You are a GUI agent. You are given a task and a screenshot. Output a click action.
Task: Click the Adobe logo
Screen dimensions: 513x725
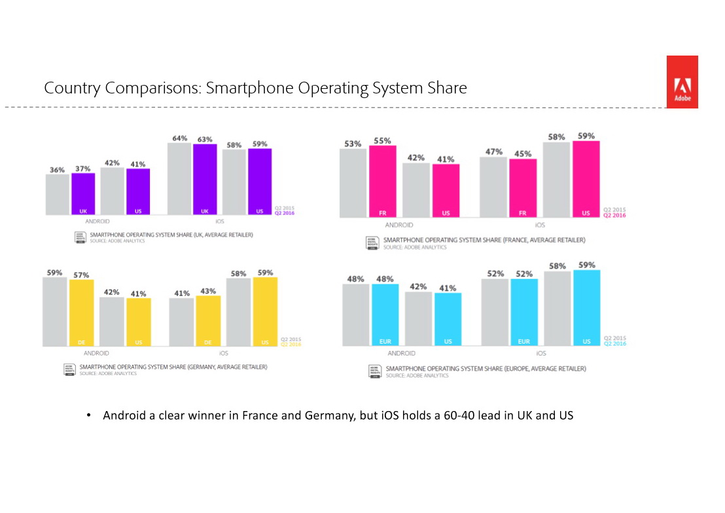(682, 82)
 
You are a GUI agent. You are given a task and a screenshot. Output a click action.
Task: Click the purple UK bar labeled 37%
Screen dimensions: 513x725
(83, 193)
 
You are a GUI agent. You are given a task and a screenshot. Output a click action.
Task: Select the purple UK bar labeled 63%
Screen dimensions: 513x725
(205, 179)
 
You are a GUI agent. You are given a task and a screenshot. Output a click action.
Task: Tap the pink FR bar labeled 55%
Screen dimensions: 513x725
(382, 181)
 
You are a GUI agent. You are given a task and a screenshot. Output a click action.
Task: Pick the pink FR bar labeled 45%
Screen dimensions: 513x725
(523, 188)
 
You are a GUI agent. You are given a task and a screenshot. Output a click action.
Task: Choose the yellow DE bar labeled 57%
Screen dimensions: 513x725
(81, 313)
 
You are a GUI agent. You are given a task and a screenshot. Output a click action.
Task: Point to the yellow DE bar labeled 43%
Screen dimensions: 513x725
(208, 321)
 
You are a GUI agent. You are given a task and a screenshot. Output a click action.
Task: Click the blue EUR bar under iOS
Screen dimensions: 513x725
(523, 312)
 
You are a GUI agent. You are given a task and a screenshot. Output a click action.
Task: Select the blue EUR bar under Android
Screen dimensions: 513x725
(385, 314)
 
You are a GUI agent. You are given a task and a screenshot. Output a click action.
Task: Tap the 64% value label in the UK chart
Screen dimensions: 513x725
(180, 139)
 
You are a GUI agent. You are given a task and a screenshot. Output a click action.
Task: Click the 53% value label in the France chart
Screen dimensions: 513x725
(353, 144)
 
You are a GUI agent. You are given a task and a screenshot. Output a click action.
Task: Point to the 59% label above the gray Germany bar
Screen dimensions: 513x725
(54, 273)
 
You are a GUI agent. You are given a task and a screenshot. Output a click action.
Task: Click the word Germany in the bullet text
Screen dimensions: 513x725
(330, 416)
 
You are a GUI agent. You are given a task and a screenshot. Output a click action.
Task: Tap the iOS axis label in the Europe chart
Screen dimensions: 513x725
(541, 353)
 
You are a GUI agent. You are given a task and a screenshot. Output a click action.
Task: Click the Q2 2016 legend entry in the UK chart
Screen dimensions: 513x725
(285, 212)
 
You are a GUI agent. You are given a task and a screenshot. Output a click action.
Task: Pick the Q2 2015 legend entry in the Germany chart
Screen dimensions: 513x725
(291, 339)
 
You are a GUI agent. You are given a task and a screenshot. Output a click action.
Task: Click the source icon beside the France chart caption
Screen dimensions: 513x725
(372, 242)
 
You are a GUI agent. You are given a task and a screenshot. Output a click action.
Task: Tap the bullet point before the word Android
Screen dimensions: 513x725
(88, 416)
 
